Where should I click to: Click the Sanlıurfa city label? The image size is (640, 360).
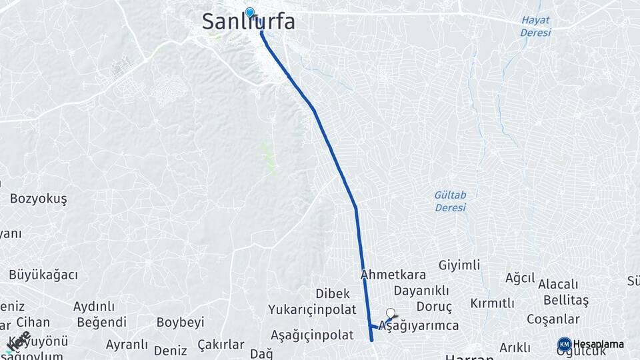(248, 22)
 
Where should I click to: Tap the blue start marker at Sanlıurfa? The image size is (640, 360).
(250, 12)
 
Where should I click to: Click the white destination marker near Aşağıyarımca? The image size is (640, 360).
(391, 311)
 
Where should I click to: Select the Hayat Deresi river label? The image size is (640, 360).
(536, 26)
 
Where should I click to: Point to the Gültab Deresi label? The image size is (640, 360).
(450, 201)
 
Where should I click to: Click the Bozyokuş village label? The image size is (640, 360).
(39, 199)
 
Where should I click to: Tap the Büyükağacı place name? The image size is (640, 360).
(43, 275)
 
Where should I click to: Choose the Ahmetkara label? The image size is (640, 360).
(393, 275)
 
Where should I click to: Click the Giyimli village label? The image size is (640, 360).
(459, 265)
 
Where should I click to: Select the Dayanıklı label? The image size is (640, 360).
(421, 291)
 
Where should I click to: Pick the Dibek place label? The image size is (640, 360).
(333, 293)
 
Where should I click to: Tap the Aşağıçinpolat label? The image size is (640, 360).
(312, 335)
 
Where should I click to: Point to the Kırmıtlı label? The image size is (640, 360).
(492, 303)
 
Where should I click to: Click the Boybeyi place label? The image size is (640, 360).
(180, 322)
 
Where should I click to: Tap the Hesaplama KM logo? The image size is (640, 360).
(591, 344)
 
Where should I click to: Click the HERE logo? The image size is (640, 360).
(18, 341)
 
